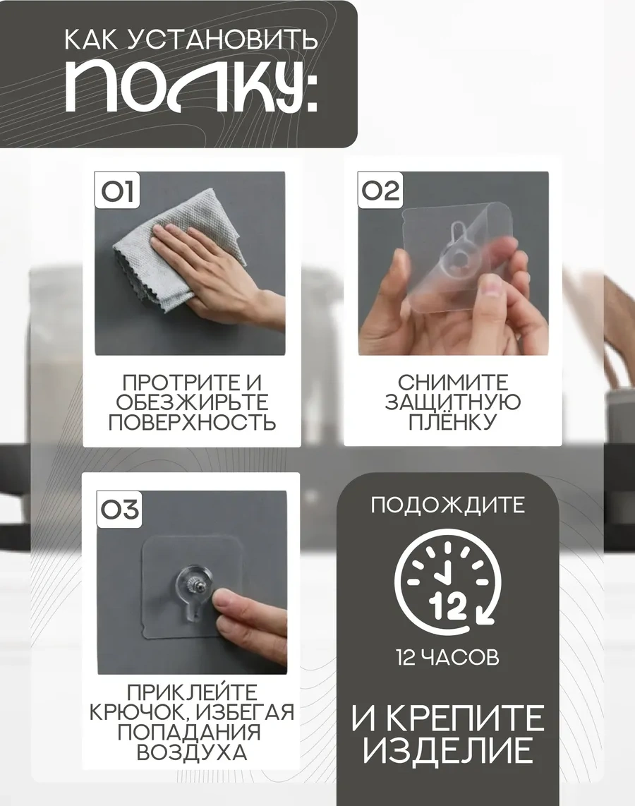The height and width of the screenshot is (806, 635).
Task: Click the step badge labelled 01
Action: (x=117, y=190)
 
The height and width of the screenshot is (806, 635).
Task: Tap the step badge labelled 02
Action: (x=380, y=190)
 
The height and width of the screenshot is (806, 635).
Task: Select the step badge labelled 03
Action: (x=120, y=509)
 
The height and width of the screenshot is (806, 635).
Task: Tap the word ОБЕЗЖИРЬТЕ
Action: (x=192, y=402)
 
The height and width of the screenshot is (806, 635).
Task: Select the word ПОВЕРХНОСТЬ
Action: (x=192, y=423)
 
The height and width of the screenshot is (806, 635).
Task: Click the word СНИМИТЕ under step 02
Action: (x=453, y=383)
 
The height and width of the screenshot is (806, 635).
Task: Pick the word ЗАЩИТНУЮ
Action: (x=453, y=402)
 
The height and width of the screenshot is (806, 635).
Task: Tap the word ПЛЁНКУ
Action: (x=453, y=421)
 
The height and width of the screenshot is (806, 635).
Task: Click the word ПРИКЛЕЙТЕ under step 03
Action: (x=192, y=692)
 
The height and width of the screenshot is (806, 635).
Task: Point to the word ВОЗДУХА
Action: (x=192, y=753)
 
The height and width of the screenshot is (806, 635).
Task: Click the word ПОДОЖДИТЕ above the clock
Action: (x=447, y=505)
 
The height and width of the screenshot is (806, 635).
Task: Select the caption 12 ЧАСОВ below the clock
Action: (x=447, y=658)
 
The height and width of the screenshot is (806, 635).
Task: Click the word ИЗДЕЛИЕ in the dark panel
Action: (x=447, y=750)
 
